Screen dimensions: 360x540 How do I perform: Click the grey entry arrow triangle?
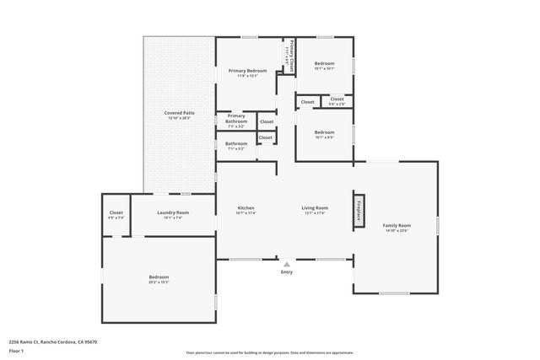pyautogui.click(x=287, y=264)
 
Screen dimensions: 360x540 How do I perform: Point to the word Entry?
pyautogui.click(x=287, y=272)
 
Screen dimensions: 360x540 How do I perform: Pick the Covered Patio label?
pyautogui.click(x=179, y=115)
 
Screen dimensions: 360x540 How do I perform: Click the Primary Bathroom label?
pyautogui.click(x=236, y=121)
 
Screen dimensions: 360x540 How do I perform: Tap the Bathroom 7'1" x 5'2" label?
pyautogui.click(x=236, y=145)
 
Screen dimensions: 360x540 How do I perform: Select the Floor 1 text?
pyautogui.click(x=16, y=351)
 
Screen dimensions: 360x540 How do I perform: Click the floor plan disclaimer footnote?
pyautogui.click(x=270, y=353)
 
